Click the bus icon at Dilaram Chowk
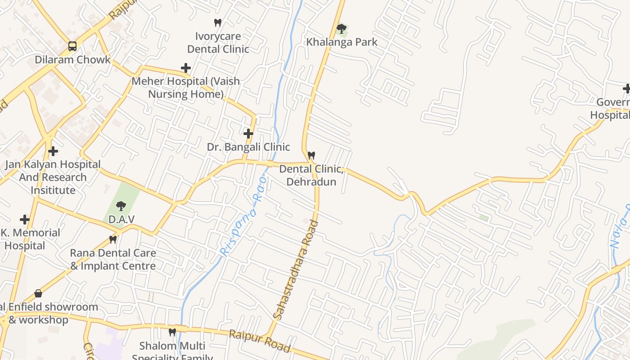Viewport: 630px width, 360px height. [x=72, y=46]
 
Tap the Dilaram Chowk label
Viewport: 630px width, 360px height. [x=72, y=60]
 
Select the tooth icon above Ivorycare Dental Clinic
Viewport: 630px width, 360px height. [x=218, y=22]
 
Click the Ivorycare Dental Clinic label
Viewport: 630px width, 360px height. [x=218, y=42]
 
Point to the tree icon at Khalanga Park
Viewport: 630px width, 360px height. [x=342, y=29]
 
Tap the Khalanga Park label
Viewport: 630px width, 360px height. [x=342, y=42]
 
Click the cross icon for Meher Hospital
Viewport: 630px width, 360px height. [x=186, y=68]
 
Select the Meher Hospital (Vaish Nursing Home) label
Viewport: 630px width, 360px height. [x=186, y=88]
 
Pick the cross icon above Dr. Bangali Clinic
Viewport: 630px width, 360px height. [x=248, y=134]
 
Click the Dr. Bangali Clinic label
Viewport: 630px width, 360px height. [x=248, y=147]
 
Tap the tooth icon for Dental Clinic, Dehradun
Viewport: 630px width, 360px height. [x=311, y=155]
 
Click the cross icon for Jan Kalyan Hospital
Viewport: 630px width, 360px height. [x=53, y=151]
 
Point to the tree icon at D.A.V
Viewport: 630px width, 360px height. [x=121, y=206]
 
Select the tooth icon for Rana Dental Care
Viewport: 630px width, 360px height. [x=113, y=240]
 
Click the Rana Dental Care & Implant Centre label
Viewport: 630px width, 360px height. [x=113, y=260]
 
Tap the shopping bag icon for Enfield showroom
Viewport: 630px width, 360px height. [x=38, y=293]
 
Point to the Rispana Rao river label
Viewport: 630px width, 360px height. [x=243, y=216]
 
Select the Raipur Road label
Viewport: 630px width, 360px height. [x=260, y=341]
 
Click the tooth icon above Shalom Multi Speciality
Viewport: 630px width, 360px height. [x=172, y=333]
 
